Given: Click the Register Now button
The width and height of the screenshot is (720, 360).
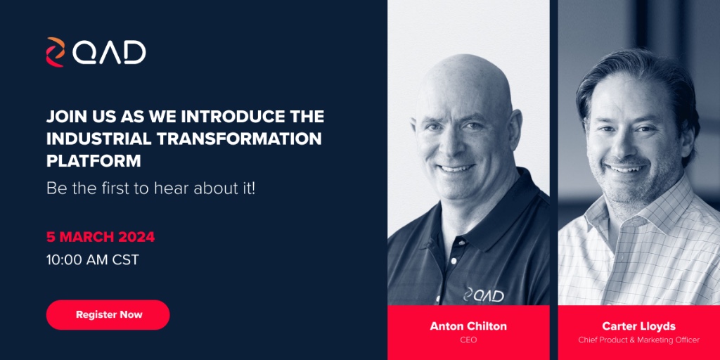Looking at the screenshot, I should coord(108,315).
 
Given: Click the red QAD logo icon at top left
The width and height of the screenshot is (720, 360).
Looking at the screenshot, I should coord(55,52).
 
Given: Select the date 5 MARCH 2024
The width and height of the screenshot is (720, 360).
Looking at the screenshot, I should coord(100,236).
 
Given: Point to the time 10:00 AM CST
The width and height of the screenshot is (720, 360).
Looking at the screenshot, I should coord(92,259).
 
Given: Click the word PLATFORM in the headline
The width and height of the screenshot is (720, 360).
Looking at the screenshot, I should coord(94,160).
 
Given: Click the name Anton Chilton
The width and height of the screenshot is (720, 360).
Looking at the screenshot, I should coord(468,326).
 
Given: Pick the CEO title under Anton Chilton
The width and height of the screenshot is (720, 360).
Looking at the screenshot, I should coord(468,340).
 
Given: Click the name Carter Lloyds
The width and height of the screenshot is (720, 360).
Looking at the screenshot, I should coord(638,326).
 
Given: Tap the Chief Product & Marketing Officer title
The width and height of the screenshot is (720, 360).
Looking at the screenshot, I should coord(638,340).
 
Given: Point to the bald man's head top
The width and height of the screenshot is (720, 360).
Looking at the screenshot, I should coord(464,70).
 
